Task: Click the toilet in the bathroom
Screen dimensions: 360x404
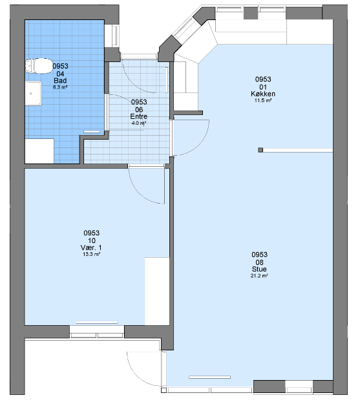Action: coord(39,66)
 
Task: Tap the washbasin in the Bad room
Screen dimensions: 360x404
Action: coord(33,93)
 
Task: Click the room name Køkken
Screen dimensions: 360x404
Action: coord(263,94)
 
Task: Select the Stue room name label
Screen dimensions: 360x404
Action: coord(259,269)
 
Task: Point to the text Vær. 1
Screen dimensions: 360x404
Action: coord(91,248)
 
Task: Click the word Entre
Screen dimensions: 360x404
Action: coord(139,116)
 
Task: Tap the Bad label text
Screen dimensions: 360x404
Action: coord(60,80)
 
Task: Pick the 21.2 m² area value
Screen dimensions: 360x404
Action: coord(259,275)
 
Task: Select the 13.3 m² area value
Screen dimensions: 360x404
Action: coord(91,254)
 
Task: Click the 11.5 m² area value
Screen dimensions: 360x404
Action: coord(263,100)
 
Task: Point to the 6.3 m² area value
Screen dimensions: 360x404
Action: coord(60,87)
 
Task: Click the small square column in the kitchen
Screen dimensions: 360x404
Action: coord(260,150)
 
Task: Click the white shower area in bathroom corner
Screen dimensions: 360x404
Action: coord(39,151)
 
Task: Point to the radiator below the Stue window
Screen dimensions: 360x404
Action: coord(209,377)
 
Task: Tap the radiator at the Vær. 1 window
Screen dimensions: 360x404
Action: coord(97,323)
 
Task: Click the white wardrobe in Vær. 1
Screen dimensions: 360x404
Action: coord(157,291)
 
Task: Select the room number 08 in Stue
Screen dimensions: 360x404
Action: coord(259,262)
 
